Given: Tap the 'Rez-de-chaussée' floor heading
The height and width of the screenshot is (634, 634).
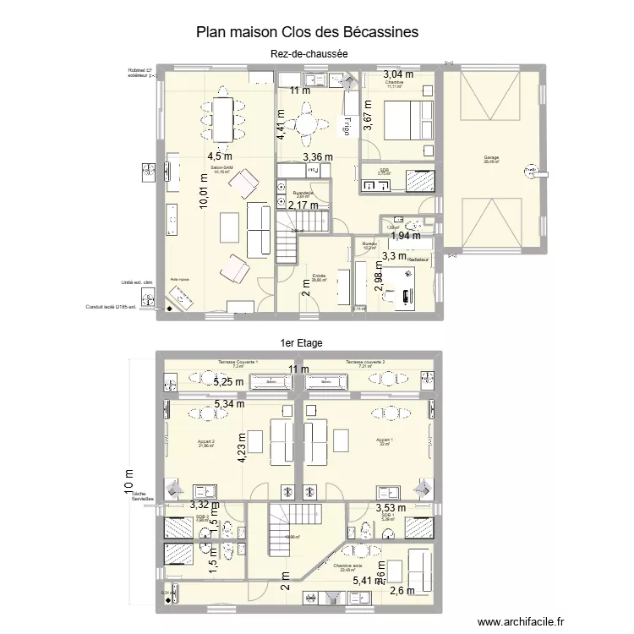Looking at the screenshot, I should (x=310, y=54).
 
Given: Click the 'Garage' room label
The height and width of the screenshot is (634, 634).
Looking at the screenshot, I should (x=490, y=158).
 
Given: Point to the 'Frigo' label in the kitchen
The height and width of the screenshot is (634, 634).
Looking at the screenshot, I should (x=347, y=124).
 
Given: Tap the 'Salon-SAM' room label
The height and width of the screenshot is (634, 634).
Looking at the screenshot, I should (x=221, y=167).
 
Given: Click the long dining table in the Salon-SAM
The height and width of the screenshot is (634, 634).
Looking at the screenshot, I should (x=222, y=119).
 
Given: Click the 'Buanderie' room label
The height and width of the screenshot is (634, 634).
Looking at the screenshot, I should (x=303, y=192).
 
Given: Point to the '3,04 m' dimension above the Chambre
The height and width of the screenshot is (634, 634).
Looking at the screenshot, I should (x=398, y=74).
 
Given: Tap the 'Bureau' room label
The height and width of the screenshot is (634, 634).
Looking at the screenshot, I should (x=369, y=243).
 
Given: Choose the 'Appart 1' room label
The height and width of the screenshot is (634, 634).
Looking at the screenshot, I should (x=385, y=440).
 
